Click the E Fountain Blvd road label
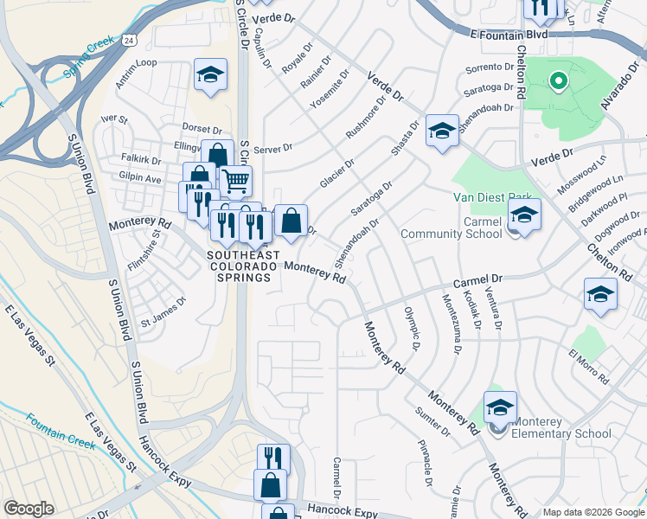tap(511, 35)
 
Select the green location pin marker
tap(558, 83)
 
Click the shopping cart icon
tap(234, 181)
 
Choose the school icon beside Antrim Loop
tap(209, 76)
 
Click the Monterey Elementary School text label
tap(561, 427)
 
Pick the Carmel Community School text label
tap(464, 227)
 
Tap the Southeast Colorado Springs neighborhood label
tap(243, 266)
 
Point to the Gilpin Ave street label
tap(140, 178)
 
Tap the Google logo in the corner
tap(29, 509)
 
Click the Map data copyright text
tap(593, 512)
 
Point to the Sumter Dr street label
tap(433, 420)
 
